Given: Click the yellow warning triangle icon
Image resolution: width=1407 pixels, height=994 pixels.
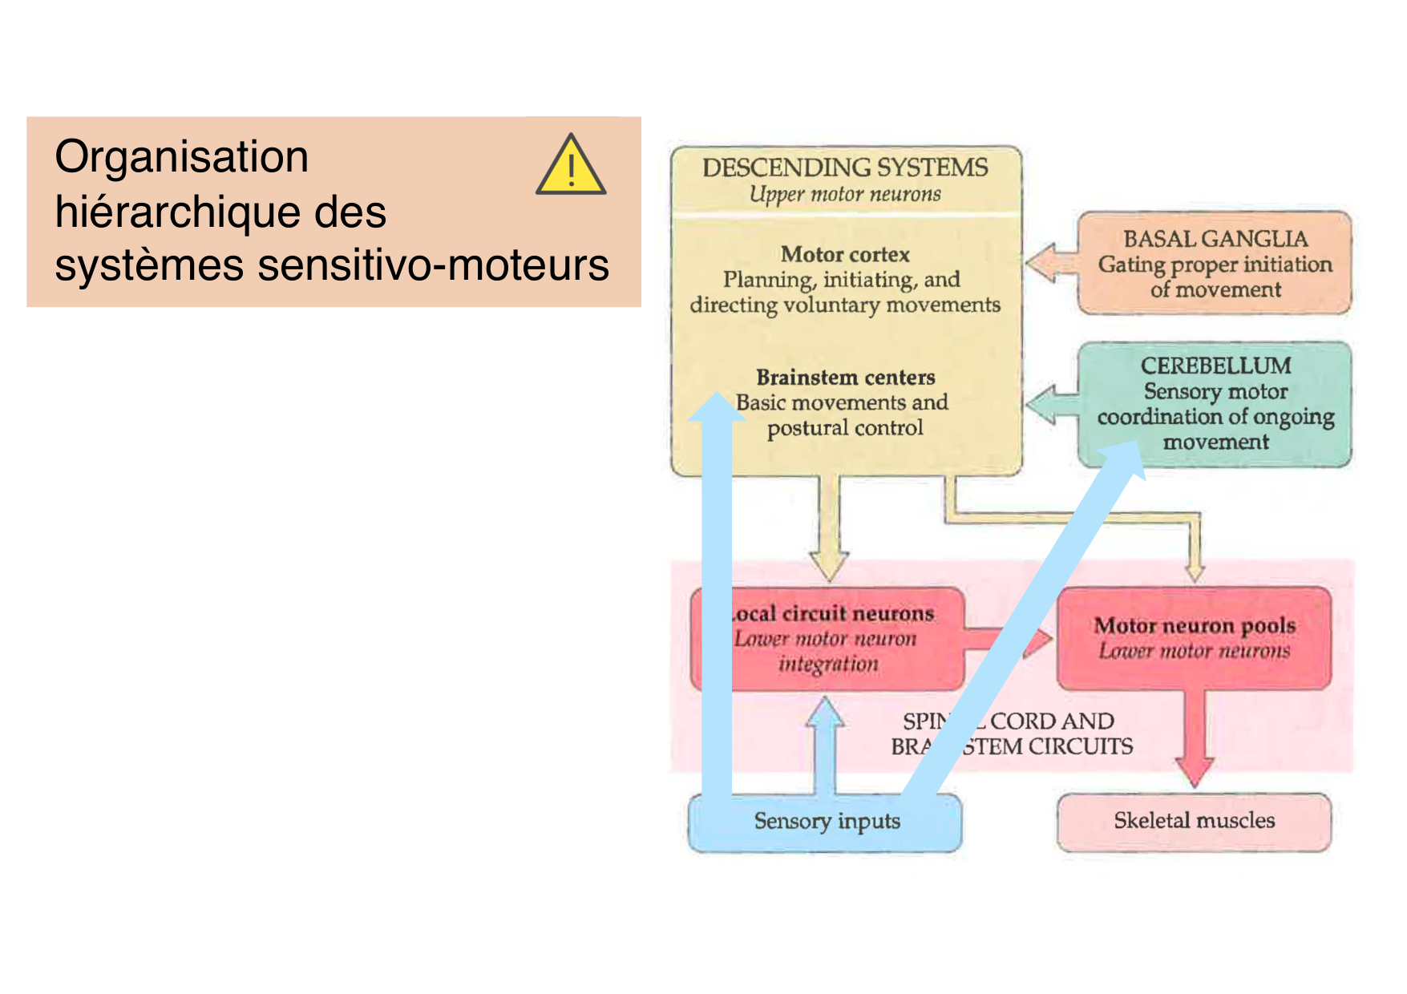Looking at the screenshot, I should click(571, 167).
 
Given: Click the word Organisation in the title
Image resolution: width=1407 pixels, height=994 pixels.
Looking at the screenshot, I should click(181, 156).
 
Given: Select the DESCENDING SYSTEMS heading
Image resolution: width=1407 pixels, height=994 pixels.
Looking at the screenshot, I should click(845, 168).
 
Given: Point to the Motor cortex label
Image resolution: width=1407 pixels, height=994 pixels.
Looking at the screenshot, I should click(845, 255).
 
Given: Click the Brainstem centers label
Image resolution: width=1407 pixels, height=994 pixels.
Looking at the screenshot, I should click(845, 378).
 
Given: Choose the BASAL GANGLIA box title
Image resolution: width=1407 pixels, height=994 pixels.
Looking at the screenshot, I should click(1215, 239).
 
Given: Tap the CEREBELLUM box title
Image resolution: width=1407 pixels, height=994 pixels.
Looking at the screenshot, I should click(1215, 366).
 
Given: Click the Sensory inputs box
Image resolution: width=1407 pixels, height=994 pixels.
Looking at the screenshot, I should click(826, 822).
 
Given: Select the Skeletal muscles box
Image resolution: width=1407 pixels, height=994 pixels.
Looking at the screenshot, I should click(1193, 821).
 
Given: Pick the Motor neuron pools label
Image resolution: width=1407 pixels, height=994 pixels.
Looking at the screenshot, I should click(1195, 625).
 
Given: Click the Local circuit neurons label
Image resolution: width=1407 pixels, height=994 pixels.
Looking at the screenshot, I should click(834, 614).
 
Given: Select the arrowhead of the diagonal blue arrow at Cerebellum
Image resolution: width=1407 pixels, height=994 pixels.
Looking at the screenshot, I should click(1122, 462).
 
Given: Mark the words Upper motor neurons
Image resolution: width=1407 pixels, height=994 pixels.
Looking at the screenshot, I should click(845, 195).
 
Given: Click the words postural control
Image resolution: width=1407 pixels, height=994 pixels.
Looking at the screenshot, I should click(845, 428).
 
